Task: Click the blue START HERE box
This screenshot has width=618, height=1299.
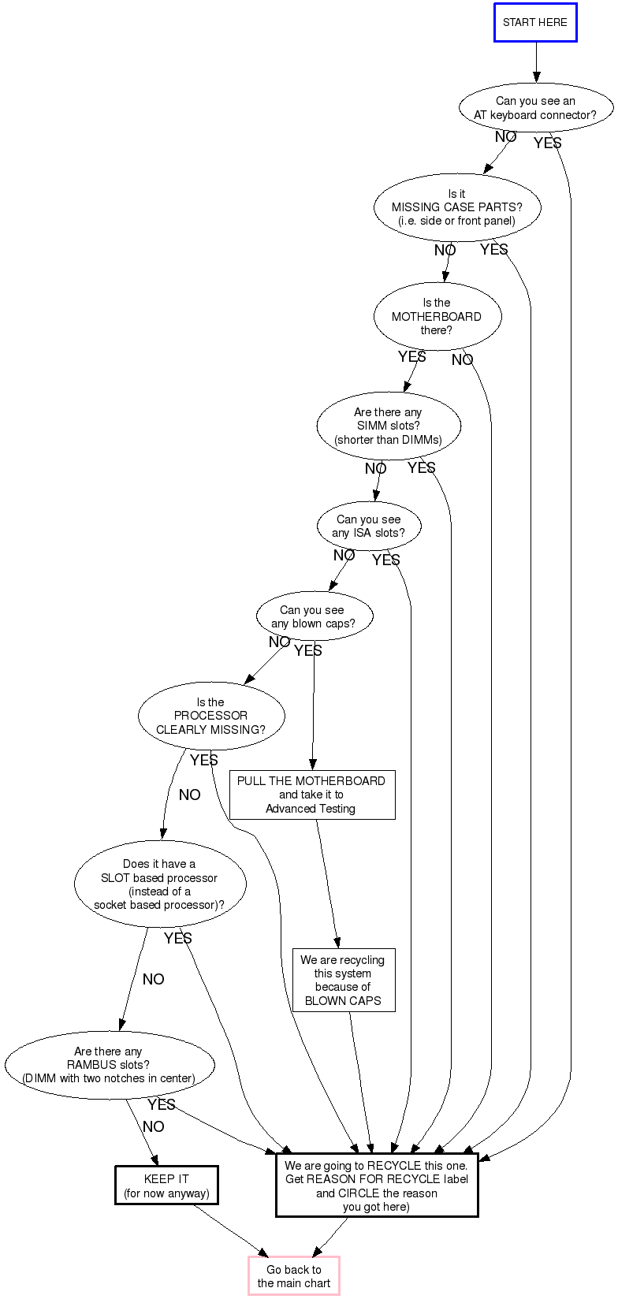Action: (535, 22)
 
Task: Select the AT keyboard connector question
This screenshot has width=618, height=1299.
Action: (535, 108)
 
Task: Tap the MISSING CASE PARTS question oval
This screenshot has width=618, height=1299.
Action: (456, 207)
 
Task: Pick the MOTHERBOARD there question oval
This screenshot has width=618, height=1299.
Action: (437, 316)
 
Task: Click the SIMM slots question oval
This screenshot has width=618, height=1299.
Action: (388, 426)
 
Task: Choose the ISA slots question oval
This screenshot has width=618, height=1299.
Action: (368, 526)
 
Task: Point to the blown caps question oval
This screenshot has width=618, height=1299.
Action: (313, 616)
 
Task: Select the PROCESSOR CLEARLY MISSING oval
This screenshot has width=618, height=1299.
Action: (210, 716)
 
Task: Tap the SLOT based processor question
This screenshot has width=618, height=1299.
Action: (159, 884)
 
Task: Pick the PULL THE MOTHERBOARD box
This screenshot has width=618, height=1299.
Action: (311, 795)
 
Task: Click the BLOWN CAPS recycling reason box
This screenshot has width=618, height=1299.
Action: (343, 980)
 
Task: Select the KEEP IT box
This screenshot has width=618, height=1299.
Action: (166, 1185)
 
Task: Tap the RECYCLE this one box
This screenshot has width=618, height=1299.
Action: (376, 1185)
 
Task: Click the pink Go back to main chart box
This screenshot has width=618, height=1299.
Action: (294, 1276)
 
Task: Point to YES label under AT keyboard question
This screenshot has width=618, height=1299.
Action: (547, 143)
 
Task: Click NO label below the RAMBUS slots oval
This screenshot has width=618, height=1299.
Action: (153, 1126)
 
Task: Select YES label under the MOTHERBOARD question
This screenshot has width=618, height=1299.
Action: (411, 357)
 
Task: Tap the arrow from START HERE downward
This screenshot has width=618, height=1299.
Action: (536, 61)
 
